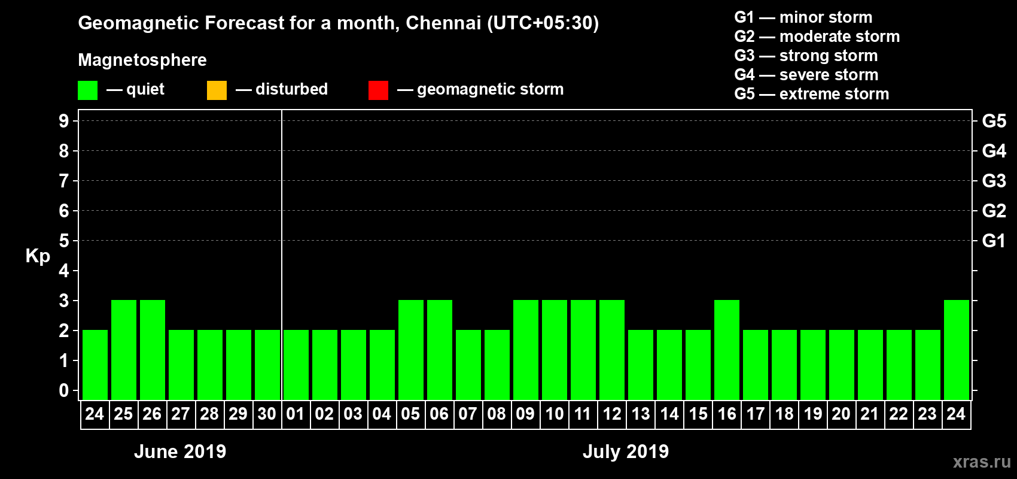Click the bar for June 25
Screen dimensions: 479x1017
(124, 350)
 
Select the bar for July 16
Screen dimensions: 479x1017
(727, 350)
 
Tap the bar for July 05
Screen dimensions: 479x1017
(411, 350)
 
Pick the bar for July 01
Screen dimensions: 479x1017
(296, 365)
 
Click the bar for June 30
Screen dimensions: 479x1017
(267, 365)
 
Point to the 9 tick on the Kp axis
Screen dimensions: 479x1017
(64, 121)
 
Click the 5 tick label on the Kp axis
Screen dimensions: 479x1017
(64, 241)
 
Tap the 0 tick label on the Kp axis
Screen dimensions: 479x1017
(64, 390)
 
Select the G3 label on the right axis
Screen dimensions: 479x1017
(994, 181)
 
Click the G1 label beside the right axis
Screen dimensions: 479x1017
(994, 241)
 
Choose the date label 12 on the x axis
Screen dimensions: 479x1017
(612, 414)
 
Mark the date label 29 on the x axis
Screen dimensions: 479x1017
(238, 414)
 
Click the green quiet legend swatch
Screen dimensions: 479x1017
(87, 90)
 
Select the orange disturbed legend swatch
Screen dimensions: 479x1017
(217, 90)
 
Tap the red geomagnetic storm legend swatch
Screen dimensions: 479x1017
(378, 90)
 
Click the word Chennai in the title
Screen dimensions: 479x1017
(443, 23)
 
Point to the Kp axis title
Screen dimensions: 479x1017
(38, 256)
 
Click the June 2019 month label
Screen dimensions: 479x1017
(180, 451)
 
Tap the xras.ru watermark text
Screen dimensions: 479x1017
(982, 462)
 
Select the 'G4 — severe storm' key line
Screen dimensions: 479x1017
(806, 75)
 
